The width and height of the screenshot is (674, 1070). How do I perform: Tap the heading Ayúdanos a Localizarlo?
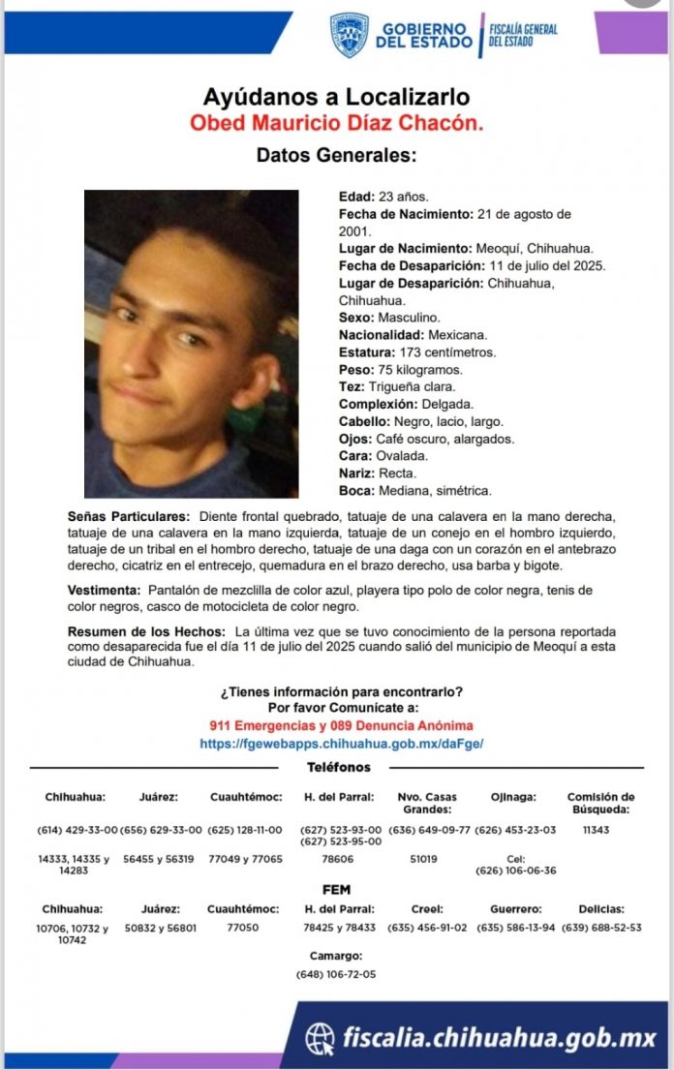coord(336,97)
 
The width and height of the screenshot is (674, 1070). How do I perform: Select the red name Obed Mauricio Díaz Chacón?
coord(336,123)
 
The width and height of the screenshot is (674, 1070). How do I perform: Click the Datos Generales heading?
coord(336,155)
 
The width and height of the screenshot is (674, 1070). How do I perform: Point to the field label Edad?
coord(353,196)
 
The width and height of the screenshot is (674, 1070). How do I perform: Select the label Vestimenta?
coord(104,590)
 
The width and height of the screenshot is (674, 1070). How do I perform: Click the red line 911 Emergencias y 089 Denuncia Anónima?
coord(341,725)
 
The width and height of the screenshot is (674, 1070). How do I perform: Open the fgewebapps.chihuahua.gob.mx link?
coord(341,744)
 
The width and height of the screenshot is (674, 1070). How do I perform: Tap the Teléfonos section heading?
coord(339,767)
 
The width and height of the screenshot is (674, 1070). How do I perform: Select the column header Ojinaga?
coord(513,797)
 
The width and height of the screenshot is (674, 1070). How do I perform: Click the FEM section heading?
coord(336,889)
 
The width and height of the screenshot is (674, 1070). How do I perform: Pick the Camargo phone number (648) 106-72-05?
coord(336,974)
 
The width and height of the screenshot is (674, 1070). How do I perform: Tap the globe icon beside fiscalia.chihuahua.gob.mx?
coord(320,1039)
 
